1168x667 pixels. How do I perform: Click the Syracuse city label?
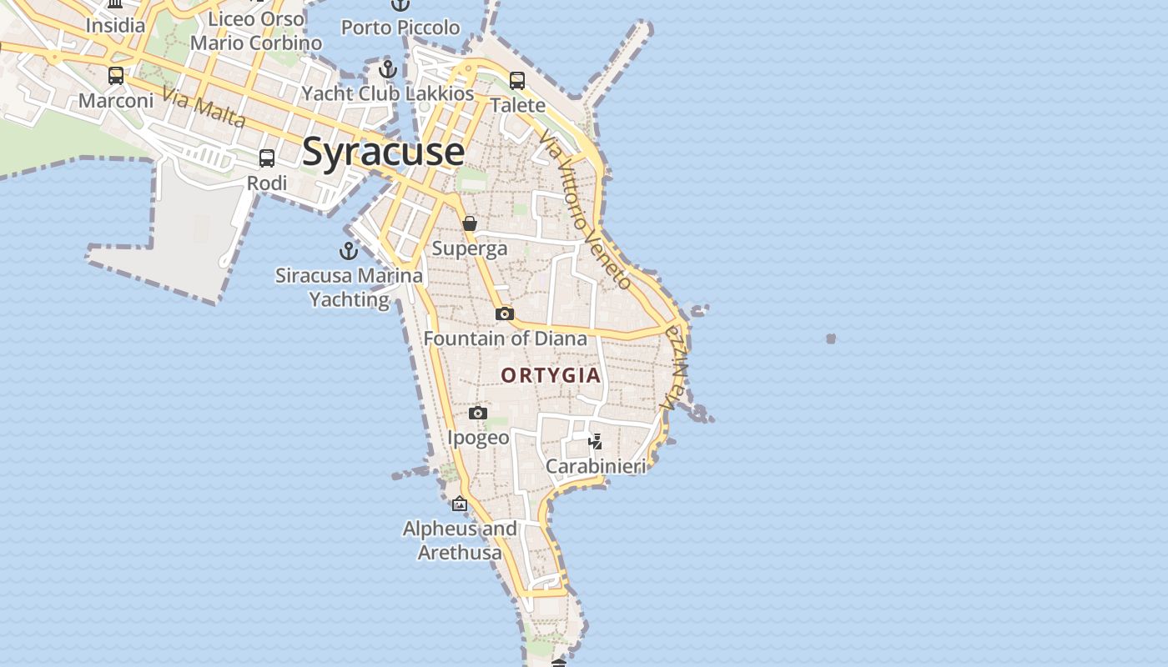click(383, 152)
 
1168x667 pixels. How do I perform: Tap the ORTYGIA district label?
click(551, 375)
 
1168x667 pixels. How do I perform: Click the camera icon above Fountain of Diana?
click(504, 314)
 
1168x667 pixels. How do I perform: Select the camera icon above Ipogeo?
click(478, 413)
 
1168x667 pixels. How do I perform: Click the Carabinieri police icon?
click(595, 442)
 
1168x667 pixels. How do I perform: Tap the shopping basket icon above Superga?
click(470, 223)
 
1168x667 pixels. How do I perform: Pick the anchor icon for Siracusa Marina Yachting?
click(348, 250)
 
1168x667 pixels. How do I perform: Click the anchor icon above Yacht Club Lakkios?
click(387, 68)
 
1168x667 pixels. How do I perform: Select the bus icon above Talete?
click(517, 81)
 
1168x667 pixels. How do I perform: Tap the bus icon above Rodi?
click(267, 158)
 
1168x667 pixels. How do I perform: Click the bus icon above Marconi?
click(116, 76)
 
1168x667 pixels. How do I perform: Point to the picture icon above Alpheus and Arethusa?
click(460, 504)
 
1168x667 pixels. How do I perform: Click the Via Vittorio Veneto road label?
click(585, 208)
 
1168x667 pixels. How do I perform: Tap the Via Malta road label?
click(204, 108)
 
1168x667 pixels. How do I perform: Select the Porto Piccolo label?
click(400, 28)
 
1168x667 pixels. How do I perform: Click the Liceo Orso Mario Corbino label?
click(256, 31)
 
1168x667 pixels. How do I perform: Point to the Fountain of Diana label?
click(505, 339)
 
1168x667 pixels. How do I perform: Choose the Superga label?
click(470, 248)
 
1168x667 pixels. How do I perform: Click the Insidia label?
click(115, 26)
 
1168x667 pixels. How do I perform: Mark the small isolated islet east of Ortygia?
click(831, 339)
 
